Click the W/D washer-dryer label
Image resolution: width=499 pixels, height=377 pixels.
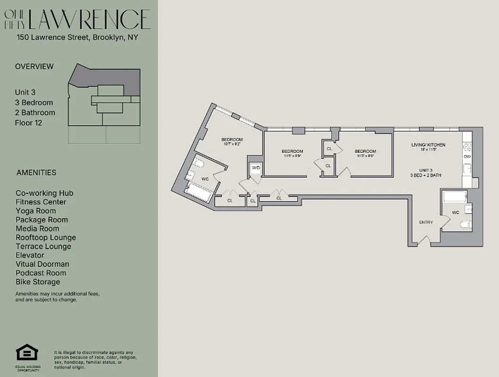pos(256,168)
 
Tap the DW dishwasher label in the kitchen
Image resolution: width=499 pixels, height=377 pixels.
pos(467,156)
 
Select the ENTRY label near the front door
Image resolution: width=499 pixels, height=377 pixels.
pos(426,222)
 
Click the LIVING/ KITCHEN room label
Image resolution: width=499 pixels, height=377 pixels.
pos(428,145)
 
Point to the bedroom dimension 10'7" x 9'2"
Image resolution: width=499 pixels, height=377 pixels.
pos(232,145)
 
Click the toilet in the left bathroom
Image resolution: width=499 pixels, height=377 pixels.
pos(199,164)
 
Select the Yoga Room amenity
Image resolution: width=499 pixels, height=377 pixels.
pos(36,211)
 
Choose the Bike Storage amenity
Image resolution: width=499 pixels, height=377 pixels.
pos(38,282)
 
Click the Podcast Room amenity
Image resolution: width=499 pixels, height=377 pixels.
pos(41,273)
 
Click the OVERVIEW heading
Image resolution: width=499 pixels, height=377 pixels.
pos(34,66)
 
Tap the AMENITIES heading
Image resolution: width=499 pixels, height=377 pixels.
pos(36,172)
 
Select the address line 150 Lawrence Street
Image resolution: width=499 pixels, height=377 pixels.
pos(77,38)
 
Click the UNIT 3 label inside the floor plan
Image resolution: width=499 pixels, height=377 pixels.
pos(426,170)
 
